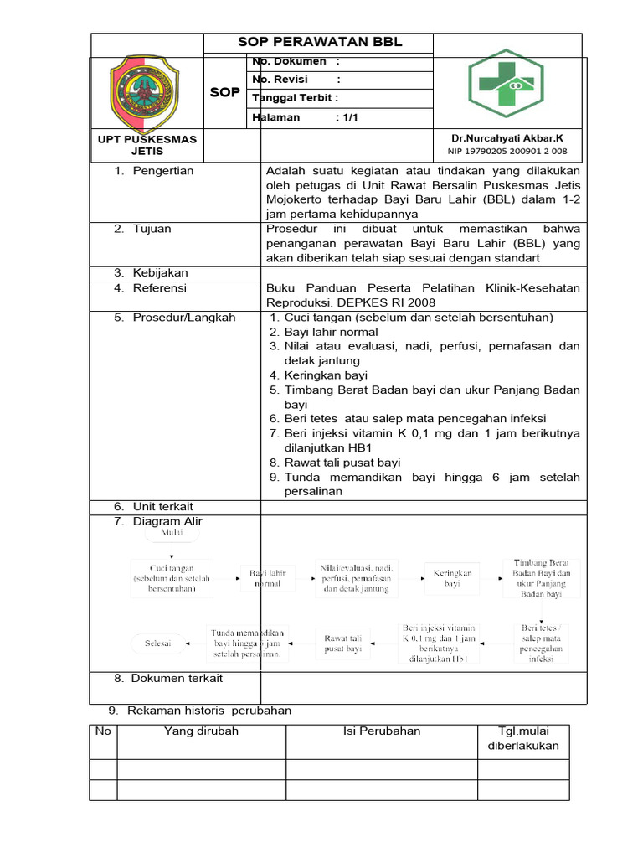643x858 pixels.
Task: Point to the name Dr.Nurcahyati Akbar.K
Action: pos(507,138)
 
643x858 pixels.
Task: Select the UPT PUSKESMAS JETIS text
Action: pos(147,145)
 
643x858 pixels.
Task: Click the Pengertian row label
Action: pos(163,171)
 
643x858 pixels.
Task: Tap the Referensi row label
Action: pos(160,288)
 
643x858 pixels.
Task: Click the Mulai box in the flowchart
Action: pos(171,532)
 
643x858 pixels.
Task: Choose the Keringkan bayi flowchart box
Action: pos(451,579)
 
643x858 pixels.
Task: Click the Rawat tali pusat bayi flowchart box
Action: pos(342,643)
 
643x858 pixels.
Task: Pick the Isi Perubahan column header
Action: pos(382,731)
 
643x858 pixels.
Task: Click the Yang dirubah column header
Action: pos(201,731)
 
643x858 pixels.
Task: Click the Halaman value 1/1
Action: pos(347,117)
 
